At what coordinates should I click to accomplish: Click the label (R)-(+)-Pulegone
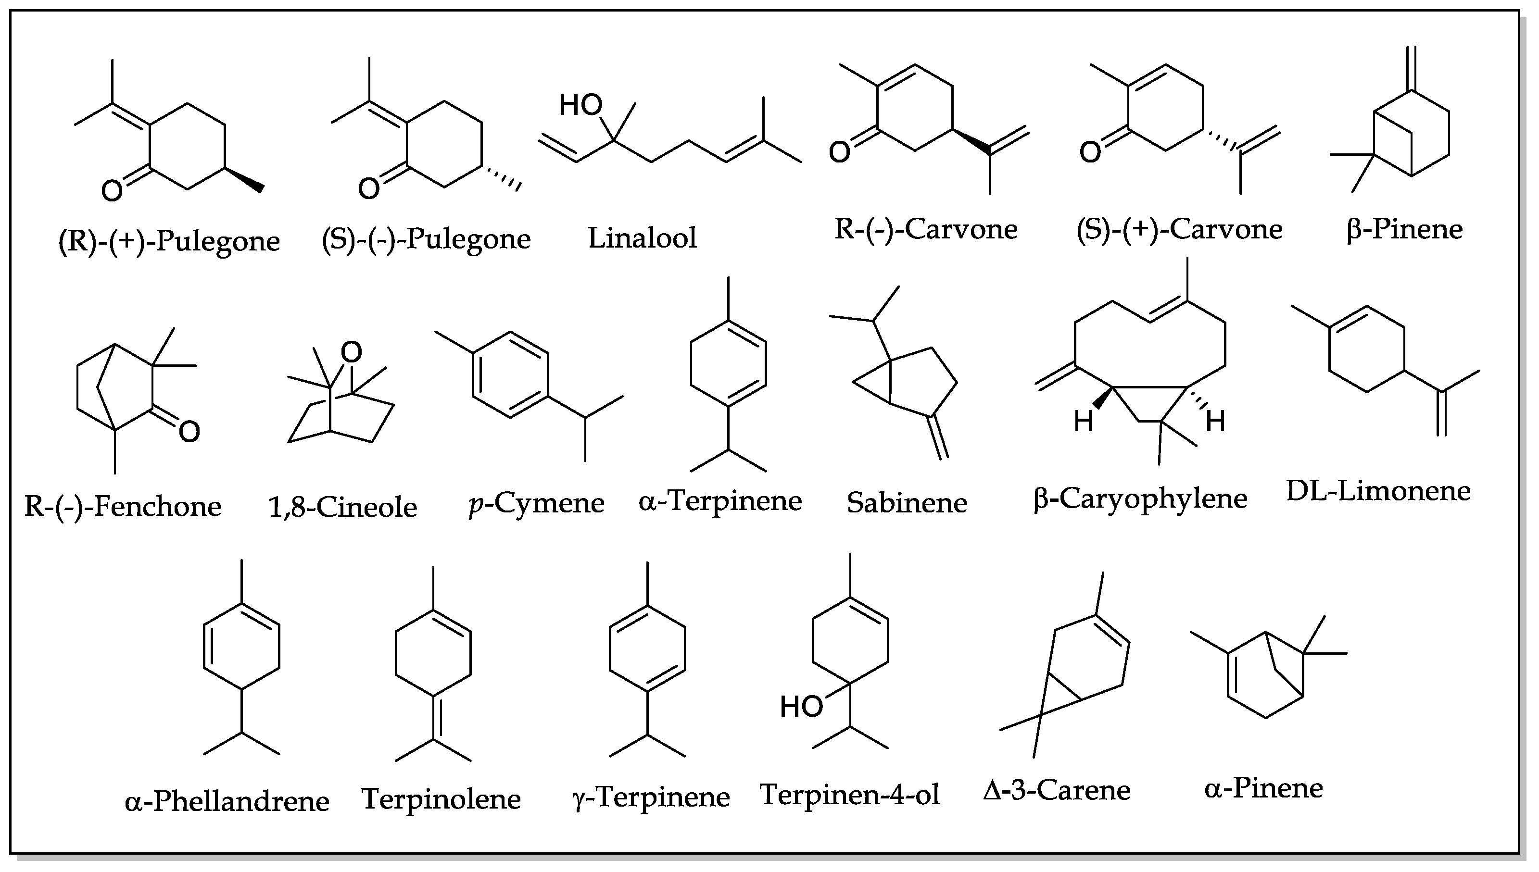pos(169,241)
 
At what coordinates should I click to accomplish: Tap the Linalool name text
pos(642,238)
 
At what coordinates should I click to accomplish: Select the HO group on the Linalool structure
pos(580,105)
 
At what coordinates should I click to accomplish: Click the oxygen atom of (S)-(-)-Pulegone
pos(369,188)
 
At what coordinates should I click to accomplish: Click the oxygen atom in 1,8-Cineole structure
pos(352,352)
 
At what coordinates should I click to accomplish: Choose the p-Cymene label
pos(536,503)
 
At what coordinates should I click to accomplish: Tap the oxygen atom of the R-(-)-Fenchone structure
pos(189,432)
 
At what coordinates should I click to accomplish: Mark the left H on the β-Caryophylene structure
pos(1083,422)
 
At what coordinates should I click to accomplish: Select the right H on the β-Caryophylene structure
pos(1215,422)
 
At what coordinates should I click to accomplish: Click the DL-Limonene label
pos(1378,491)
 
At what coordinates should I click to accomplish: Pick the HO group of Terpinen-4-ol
pos(801,707)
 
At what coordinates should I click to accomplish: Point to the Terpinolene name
pos(441,798)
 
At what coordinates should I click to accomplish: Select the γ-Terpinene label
pos(651,797)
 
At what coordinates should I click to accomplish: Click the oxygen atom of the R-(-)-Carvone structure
pos(839,152)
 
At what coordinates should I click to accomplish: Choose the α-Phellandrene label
pos(227,801)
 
